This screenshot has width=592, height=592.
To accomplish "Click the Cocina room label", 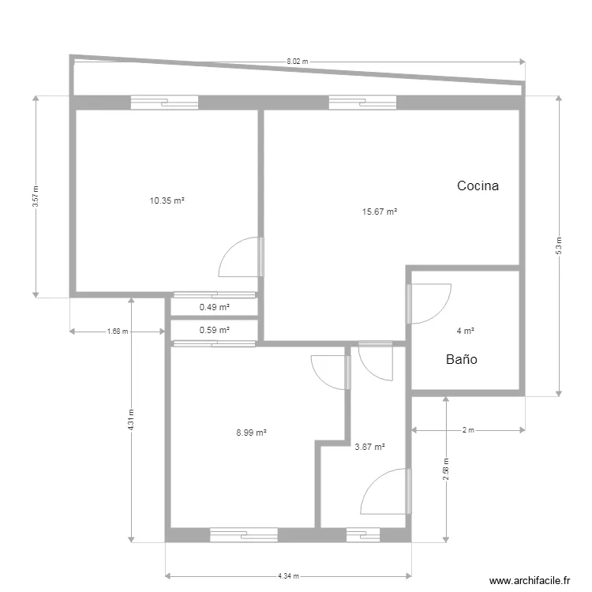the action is click(478, 185).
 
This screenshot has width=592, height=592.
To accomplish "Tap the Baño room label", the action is click(462, 359).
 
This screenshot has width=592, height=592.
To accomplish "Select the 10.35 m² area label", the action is click(167, 200).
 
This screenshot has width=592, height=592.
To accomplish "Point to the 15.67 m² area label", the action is click(380, 212).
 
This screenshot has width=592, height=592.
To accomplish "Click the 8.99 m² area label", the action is click(252, 433).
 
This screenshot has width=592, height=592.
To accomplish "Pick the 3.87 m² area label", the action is click(369, 447).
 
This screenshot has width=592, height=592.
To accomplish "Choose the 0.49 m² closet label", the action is click(215, 307).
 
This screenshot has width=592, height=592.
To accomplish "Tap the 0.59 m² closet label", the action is click(215, 330).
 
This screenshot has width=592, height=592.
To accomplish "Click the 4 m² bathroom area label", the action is click(465, 331).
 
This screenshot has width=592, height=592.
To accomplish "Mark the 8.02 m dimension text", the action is click(298, 61).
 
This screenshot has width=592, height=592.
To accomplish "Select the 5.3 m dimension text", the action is click(559, 245).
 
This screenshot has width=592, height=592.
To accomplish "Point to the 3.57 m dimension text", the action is click(36, 197).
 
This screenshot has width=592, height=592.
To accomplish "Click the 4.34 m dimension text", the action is click(288, 576).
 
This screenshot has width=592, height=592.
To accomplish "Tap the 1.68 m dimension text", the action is click(118, 332).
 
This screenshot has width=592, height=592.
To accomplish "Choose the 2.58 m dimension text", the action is click(446, 470).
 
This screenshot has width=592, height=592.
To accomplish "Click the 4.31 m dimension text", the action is click(130, 420).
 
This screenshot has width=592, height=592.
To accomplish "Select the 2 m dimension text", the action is click(468, 430).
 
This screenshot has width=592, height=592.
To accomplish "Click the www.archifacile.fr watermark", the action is click(530, 581).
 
